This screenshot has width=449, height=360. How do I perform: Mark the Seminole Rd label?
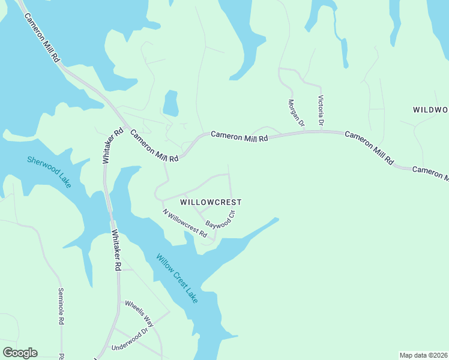pyautogui.click(x=61, y=307)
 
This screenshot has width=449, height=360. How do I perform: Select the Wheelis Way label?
pyautogui.click(x=139, y=313)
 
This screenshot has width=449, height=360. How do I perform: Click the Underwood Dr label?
pyautogui.click(x=129, y=340)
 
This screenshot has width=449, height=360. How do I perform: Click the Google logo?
pyautogui.click(x=20, y=353)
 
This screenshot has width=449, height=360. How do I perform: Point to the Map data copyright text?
pyautogui.click(x=424, y=355)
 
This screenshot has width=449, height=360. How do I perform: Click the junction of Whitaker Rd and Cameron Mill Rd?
pyautogui.click(x=124, y=128)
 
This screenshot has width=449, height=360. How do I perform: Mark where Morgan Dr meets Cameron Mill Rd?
pyautogui.click(x=305, y=131)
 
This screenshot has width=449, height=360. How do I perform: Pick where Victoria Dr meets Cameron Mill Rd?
pyautogui.click(x=322, y=131)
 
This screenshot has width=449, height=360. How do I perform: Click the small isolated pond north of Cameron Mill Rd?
pyautogui.click(x=170, y=103)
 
